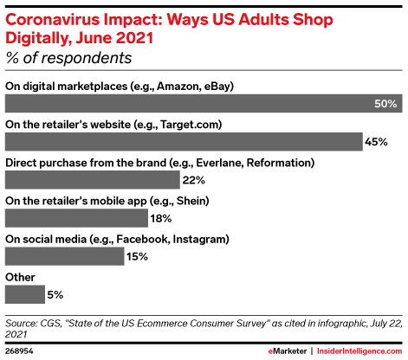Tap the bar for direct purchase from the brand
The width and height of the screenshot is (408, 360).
(x=92, y=180)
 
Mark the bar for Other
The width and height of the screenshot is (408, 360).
(x=25, y=294)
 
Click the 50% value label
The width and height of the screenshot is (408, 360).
(x=386, y=104)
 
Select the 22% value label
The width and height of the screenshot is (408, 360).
(x=194, y=180)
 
